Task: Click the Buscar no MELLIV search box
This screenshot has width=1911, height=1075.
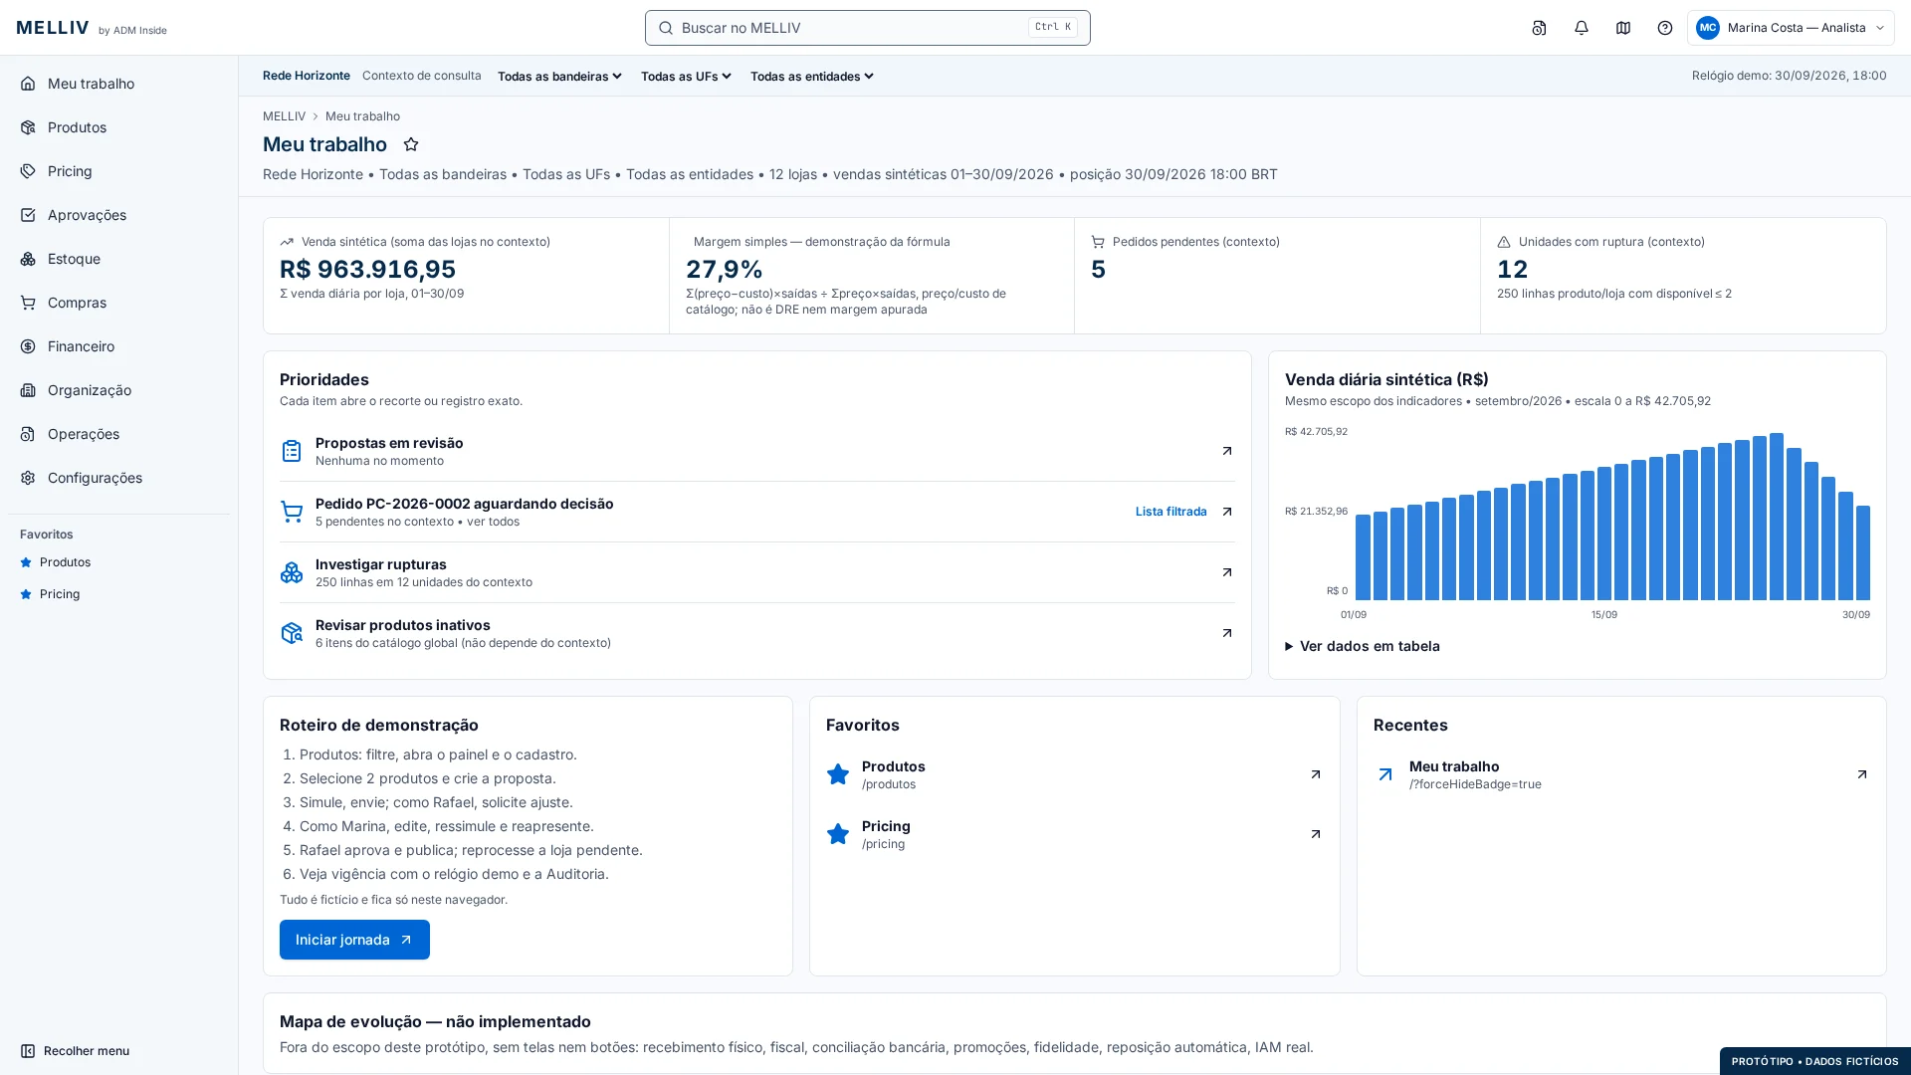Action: tap(867, 28)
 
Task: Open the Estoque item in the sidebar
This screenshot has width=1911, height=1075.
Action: tap(74, 259)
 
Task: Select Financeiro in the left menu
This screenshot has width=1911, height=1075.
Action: tap(81, 346)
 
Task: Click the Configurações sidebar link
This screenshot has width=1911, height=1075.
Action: tap(95, 478)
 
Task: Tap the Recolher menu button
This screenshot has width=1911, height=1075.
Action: tap(75, 1051)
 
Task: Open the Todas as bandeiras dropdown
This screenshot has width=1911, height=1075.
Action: tap(559, 77)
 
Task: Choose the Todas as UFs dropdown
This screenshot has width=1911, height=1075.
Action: tap(686, 77)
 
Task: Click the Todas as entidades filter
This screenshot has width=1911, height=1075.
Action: tap(811, 77)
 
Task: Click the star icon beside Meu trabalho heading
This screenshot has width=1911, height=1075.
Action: tap(411, 145)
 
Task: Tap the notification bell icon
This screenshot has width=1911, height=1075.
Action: tap(1582, 28)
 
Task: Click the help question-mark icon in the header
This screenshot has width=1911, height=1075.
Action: tap(1665, 28)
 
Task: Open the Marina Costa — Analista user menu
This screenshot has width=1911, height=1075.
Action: tap(1791, 28)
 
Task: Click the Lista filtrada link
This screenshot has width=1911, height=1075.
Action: tap(1170, 512)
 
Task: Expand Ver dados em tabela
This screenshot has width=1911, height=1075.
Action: tap(1362, 646)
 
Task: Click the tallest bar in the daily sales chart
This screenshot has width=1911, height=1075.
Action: tap(1777, 517)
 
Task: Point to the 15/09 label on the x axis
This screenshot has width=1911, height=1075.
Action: tap(1604, 615)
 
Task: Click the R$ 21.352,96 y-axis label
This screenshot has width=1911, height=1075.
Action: tap(1316, 512)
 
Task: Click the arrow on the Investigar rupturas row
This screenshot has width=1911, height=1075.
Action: tap(1226, 572)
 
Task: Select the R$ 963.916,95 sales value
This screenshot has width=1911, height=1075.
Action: tap(367, 269)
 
